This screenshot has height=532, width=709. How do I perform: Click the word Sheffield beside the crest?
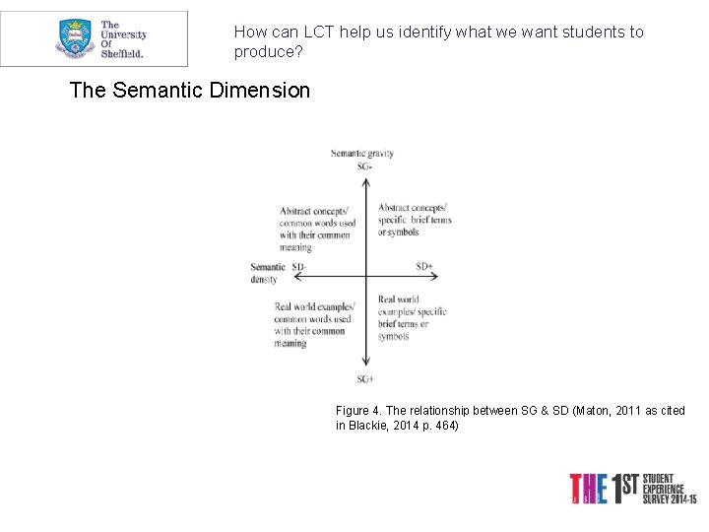point(123,53)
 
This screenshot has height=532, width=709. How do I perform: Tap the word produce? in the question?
point(266,50)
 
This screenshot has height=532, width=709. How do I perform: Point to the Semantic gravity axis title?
point(362,153)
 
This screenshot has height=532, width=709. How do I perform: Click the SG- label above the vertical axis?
point(364,166)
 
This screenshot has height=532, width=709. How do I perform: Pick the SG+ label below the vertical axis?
point(365,379)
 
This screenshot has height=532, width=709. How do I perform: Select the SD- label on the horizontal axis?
point(299,267)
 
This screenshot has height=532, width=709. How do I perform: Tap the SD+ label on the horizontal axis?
point(424,266)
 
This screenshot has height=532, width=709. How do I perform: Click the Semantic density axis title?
point(267,273)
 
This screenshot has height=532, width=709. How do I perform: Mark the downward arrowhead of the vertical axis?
point(365,366)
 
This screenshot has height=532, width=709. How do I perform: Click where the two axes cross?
point(365,275)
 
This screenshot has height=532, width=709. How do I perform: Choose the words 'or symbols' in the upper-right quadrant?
point(398,233)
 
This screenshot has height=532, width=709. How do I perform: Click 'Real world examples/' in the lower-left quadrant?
point(314,306)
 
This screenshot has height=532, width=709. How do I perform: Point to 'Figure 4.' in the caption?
point(353,410)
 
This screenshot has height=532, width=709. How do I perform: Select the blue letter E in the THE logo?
point(603,490)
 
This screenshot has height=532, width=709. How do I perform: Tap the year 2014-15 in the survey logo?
point(676,498)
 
